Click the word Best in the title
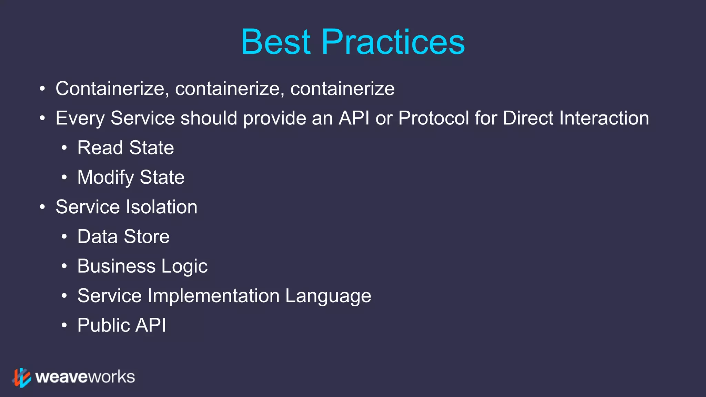276,42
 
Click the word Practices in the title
393,42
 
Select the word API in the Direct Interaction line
354,118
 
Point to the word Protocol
433,118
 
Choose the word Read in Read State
100,148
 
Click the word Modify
105,178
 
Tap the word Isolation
161,207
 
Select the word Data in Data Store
97,237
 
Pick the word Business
116,266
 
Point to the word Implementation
213,296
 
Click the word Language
328,296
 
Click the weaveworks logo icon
22,377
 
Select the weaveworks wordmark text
85,377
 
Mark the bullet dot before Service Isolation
42,207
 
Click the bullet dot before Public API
64,325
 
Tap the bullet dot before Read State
64,148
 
